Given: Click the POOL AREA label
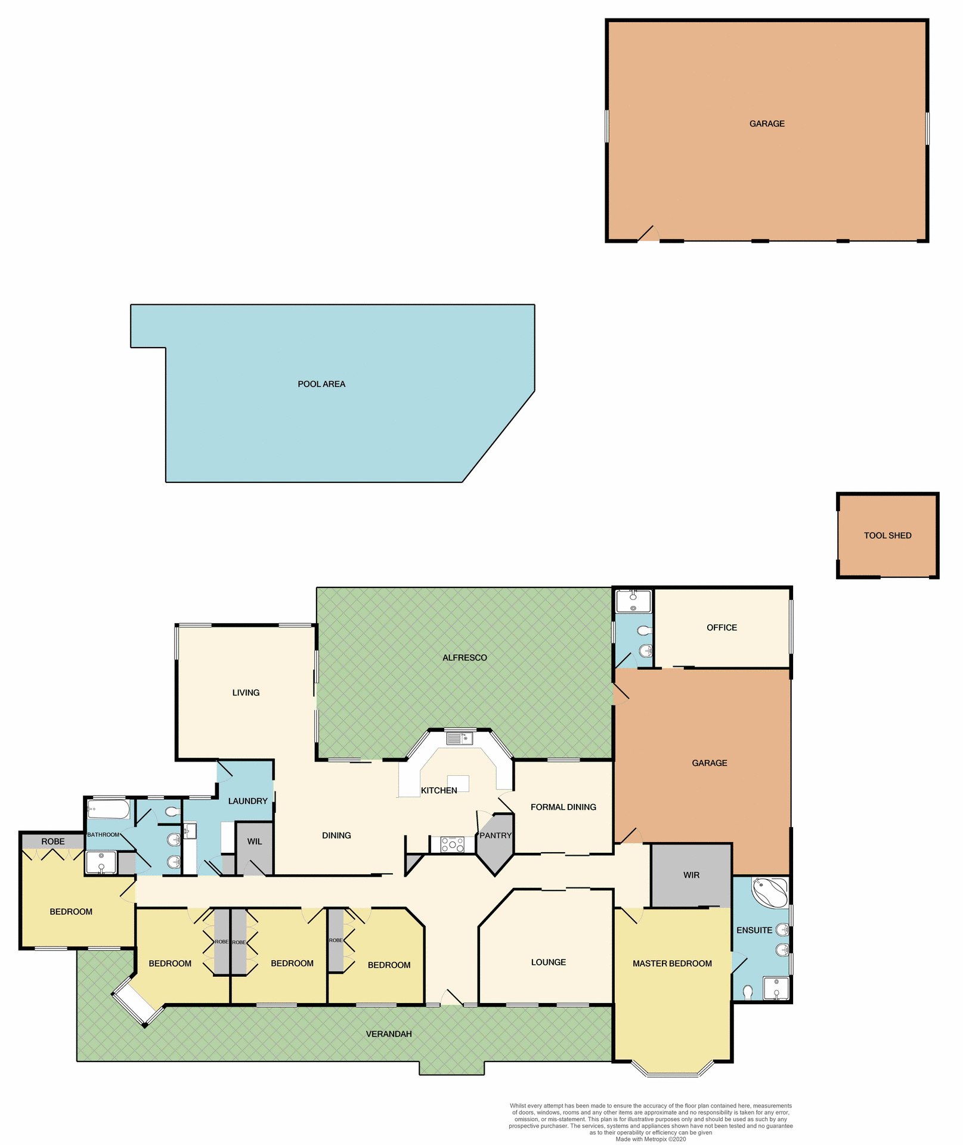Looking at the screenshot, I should (x=321, y=384).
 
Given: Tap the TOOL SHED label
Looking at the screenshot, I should (x=887, y=536).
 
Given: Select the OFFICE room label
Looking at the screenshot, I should (x=722, y=627).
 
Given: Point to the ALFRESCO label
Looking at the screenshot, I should (x=465, y=658).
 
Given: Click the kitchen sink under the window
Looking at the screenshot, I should (x=459, y=739).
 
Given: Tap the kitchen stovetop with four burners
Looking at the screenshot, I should (x=453, y=844).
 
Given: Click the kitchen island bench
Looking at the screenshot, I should (x=459, y=783).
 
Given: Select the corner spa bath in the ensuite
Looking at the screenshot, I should (x=770, y=892).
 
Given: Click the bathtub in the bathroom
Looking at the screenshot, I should (x=108, y=810).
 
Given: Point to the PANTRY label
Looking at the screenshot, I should (x=496, y=835).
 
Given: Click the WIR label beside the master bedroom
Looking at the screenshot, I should (x=691, y=875).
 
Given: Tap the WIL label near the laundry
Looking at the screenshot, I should (x=255, y=841).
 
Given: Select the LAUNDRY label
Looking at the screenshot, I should (x=247, y=801).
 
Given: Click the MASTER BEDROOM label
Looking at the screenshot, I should (x=672, y=963).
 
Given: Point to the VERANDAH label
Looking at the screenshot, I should (x=389, y=1033).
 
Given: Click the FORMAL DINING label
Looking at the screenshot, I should (x=563, y=807).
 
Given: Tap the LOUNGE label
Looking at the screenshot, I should (x=548, y=962).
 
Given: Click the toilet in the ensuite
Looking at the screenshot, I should (x=748, y=991).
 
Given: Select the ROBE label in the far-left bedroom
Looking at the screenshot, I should (x=53, y=841).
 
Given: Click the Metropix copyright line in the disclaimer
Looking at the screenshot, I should (x=651, y=1139).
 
